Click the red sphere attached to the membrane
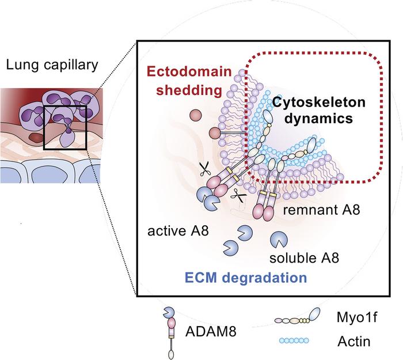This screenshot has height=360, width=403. (x=214, y=150)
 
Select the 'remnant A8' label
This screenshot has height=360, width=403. (x=323, y=210)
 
